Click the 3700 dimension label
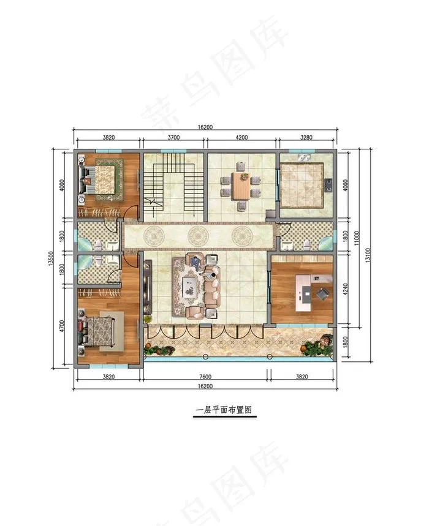coord(173,137)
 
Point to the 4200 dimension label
coord(241,137)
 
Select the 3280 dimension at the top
coord(306,137)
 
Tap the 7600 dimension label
coord(205,377)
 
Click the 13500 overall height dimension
coord(51,258)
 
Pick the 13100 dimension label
coord(368,255)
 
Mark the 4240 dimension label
coord(346,290)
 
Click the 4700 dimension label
coord(61,326)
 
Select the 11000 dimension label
coord(357,238)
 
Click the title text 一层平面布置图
coord(224,410)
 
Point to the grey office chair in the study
coord(322,294)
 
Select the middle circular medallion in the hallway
coord(196,235)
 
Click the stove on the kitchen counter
coord(328,183)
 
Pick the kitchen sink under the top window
coord(305,157)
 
